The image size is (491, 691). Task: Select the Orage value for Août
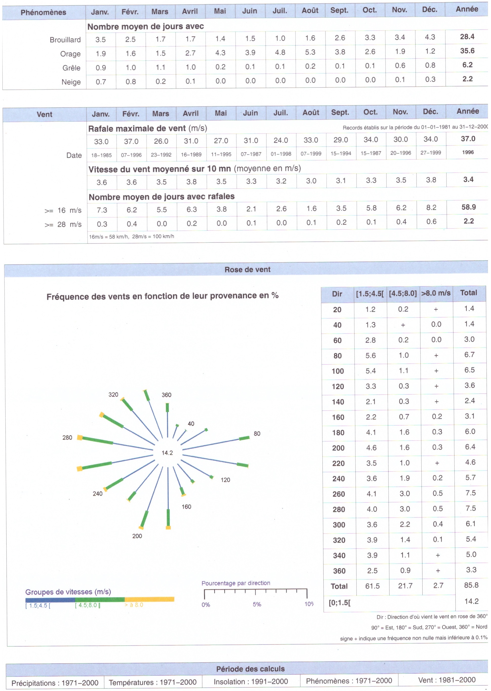click(x=310, y=52)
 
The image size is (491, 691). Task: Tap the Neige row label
click(x=71, y=82)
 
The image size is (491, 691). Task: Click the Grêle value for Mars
click(x=161, y=67)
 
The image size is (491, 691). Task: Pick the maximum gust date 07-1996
click(x=131, y=155)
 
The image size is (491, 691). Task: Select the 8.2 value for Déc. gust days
click(x=431, y=208)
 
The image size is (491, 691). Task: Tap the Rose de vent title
click(x=247, y=269)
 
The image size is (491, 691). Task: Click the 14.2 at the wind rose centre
click(x=167, y=453)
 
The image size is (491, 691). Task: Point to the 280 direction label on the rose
click(x=67, y=438)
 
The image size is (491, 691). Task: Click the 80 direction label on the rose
click(x=257, y=433)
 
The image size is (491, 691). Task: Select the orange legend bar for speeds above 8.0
click(x=149, y=599)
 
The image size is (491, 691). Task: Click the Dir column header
click(x=337, y=294)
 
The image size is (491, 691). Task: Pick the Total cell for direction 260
click(x=470, y=493)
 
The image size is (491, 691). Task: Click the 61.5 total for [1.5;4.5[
click(x=372, y=586)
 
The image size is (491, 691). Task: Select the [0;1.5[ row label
click(x=340, y=602)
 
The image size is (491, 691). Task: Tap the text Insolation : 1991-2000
click(x=251, y=682)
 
